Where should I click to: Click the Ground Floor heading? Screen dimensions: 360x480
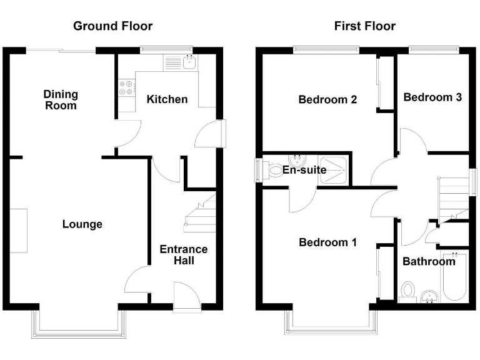tap(112, 26)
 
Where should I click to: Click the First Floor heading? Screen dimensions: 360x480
tap(364, 26)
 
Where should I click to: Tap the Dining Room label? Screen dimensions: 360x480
tap(61, 100)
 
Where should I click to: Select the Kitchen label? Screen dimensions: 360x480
tap(167, 99)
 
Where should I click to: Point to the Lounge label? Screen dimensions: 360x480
tap(82, 224)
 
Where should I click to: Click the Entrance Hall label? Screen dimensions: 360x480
tap(184, 254)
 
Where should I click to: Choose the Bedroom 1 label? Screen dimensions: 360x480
tap(327, 242)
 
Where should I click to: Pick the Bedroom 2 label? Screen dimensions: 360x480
tap(327, 99)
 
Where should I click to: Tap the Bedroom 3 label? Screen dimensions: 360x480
tap(432, 97)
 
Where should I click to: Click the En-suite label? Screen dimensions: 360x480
tap(304, 170)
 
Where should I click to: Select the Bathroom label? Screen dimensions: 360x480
tap(429, 261)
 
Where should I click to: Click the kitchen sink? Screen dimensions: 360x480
tap(188, 62)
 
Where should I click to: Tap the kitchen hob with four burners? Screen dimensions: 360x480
tap(126, 87)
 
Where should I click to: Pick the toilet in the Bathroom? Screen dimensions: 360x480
tap(407, 292)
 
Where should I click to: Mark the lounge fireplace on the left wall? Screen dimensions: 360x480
tap(19, 231)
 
